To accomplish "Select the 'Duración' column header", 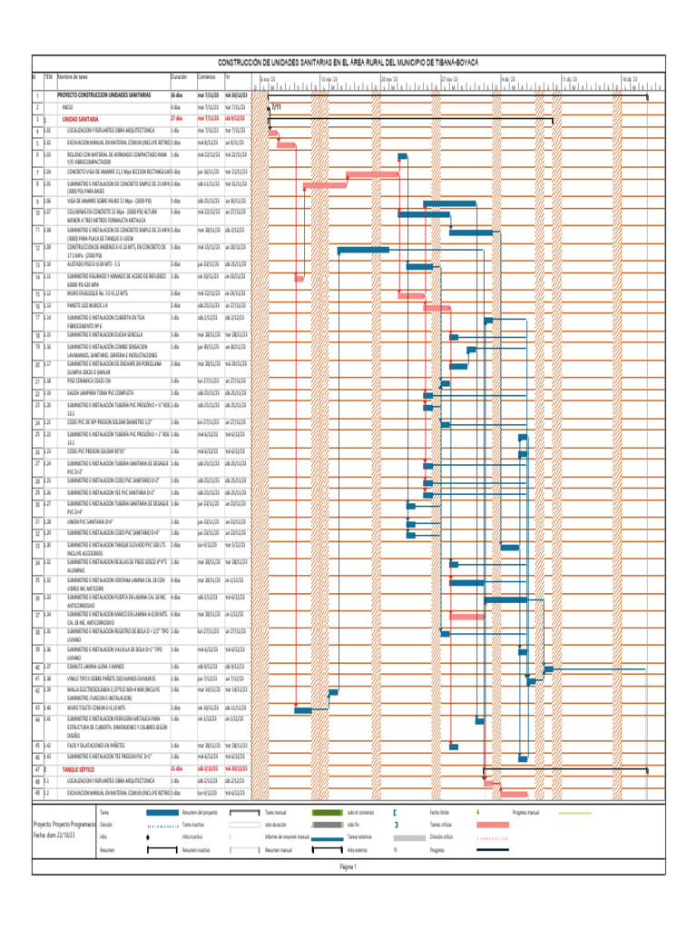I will point(178,78).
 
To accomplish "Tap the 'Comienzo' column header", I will point(207,78).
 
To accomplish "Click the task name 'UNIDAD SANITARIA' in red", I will point(80,118).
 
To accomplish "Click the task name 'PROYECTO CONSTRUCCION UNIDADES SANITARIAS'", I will point(104,94).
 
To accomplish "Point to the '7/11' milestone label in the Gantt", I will point(276,106).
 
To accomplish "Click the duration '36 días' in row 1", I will point(177,94).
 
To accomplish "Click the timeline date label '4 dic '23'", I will point(509,79).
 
